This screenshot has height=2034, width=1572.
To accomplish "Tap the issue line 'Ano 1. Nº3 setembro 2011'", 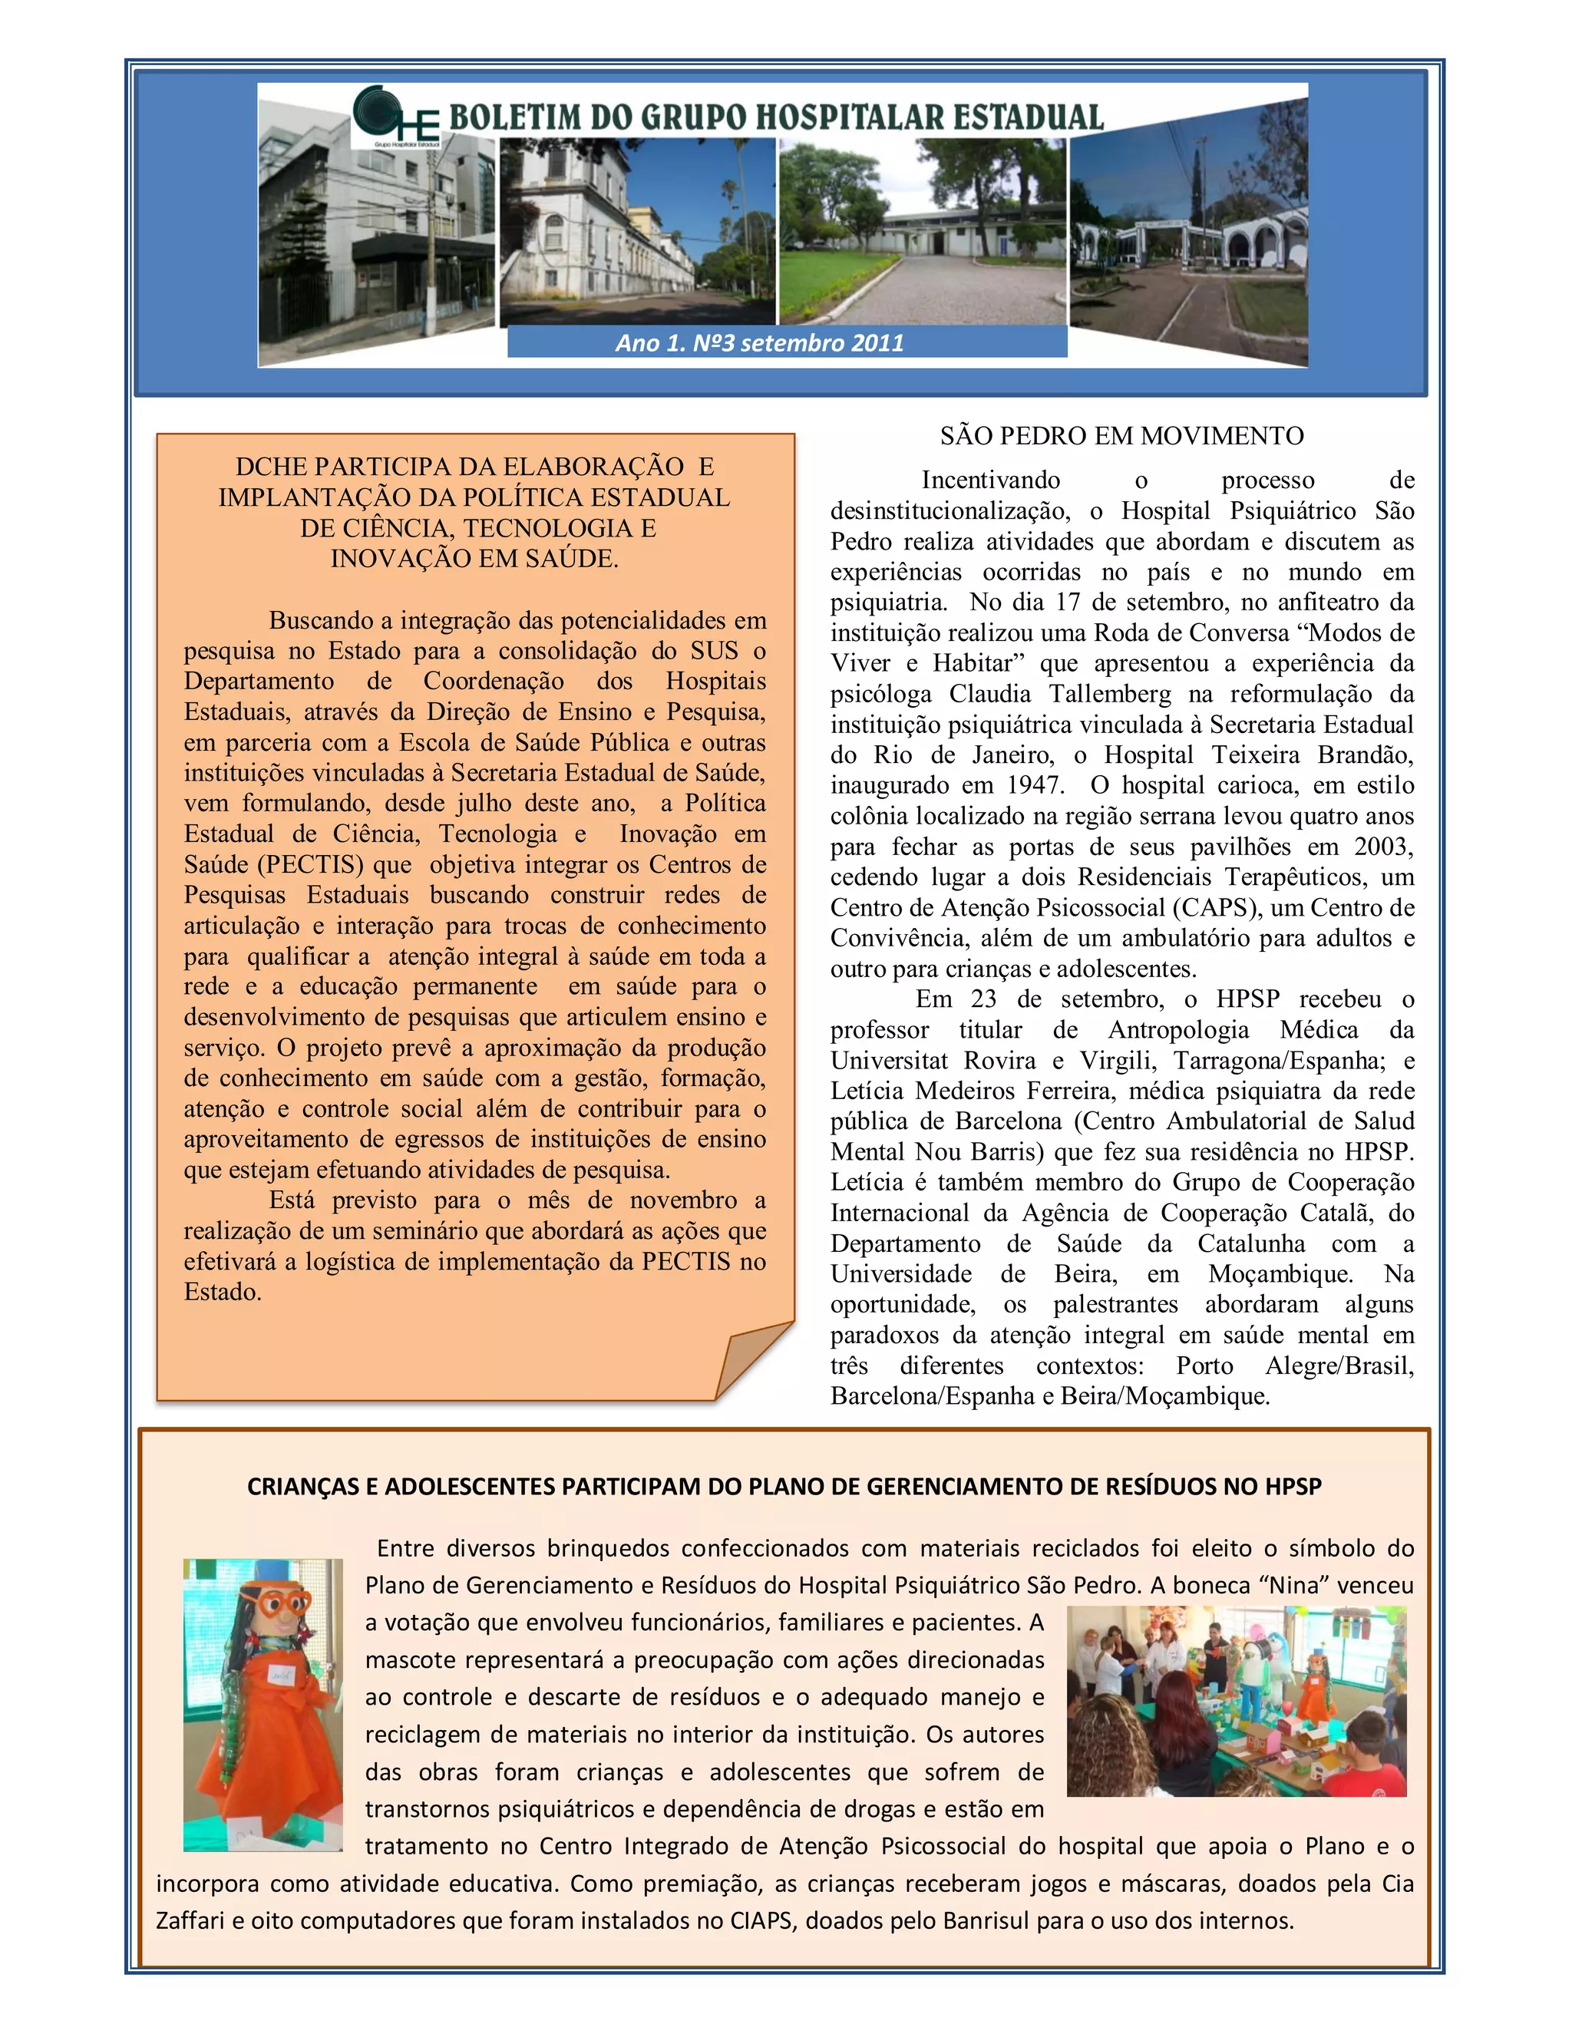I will [x=759, y=343].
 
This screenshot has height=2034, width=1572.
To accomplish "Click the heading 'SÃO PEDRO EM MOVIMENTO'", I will [x=1121, y=436].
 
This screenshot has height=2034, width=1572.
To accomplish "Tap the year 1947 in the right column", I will [x=1034, y=785].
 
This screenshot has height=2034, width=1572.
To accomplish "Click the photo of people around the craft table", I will [x=1236, y=1701].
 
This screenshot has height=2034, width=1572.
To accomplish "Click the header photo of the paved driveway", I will [x=922, y=233].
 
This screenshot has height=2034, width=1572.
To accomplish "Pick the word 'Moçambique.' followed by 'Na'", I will [x=1280, y=1274].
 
